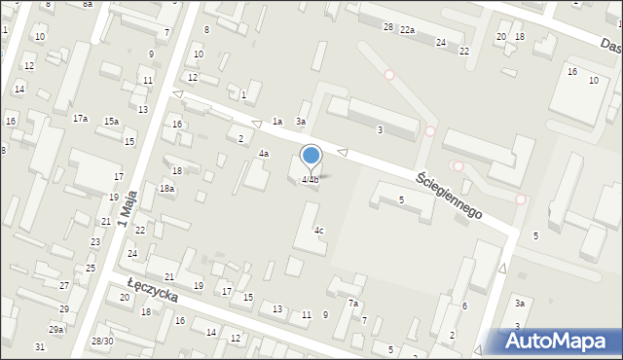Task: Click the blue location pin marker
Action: click(311, 156)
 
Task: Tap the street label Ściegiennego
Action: click(450, 196)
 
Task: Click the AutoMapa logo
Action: click(560, 341)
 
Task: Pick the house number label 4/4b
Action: click(311, 179)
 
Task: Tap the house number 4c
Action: click(318, 231)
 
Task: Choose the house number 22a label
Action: click(407, 30)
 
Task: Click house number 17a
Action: click(80, 118)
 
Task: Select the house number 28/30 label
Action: click(102, 341)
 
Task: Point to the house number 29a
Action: click(57, 330)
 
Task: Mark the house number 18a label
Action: click(167, 189)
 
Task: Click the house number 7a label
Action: click(354, 304)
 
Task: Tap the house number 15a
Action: click(112, 121)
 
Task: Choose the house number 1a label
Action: click(277, 122)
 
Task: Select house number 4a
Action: click(263, 154)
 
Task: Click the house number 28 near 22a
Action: click(387, 26)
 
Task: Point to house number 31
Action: click(40, 347)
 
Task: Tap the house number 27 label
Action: click(64, 285)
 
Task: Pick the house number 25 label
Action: click(91, 268)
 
